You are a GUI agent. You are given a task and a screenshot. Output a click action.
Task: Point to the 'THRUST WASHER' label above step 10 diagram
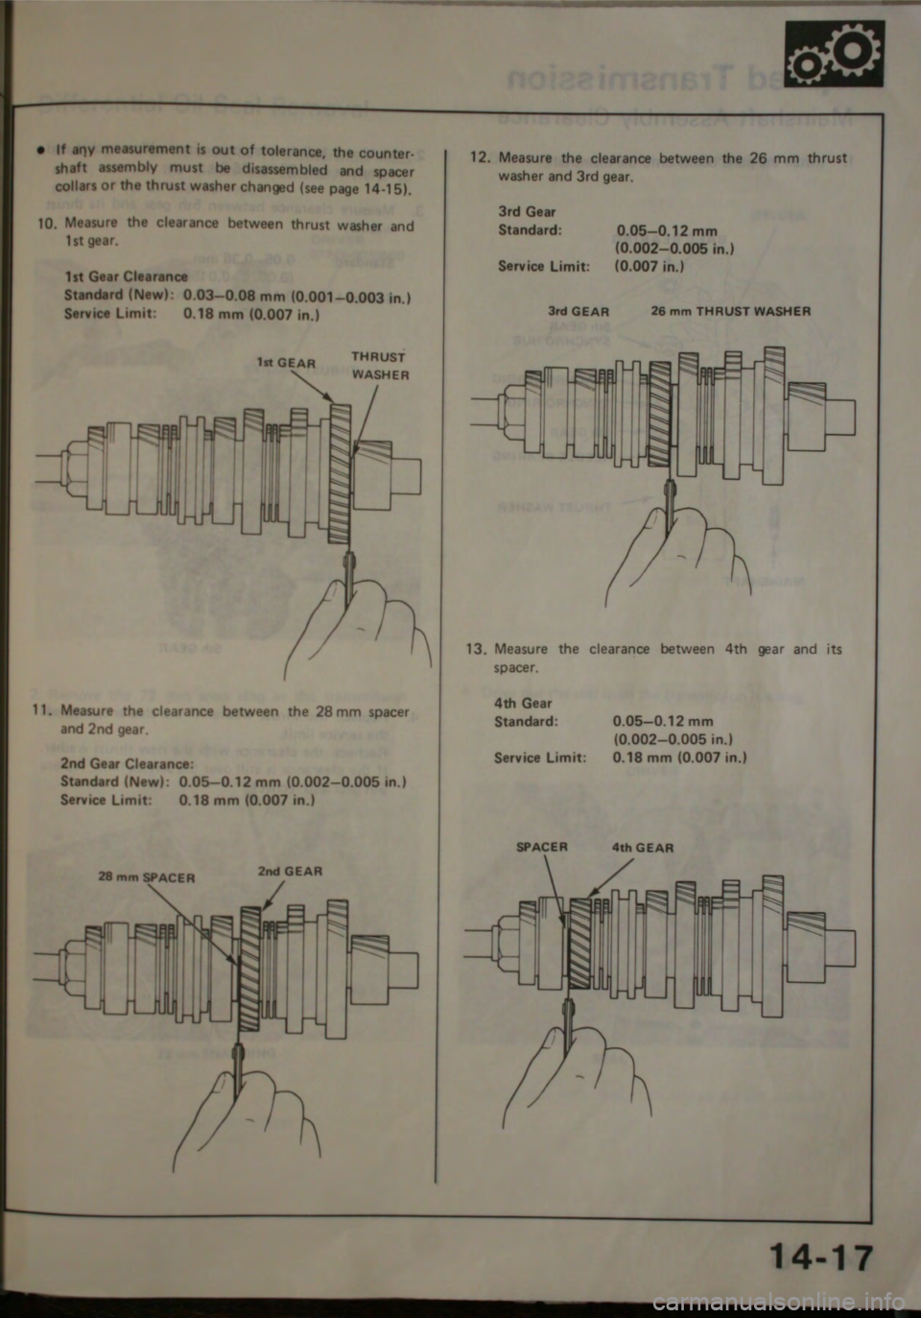(381, 366)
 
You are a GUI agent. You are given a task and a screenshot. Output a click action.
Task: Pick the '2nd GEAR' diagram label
(291, 872)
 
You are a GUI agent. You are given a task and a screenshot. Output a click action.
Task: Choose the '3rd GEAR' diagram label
(579, 311)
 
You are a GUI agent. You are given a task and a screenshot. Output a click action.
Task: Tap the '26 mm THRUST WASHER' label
(730, 311)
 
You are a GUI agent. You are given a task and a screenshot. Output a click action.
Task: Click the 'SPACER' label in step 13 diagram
(542, 847)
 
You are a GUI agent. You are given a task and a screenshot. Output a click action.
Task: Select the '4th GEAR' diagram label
(642, 848)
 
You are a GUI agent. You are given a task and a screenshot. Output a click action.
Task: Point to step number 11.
(41, 712)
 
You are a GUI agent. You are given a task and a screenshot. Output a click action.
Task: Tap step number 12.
(479, 158)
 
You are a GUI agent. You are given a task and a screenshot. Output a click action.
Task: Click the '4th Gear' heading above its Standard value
(523, 704)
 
